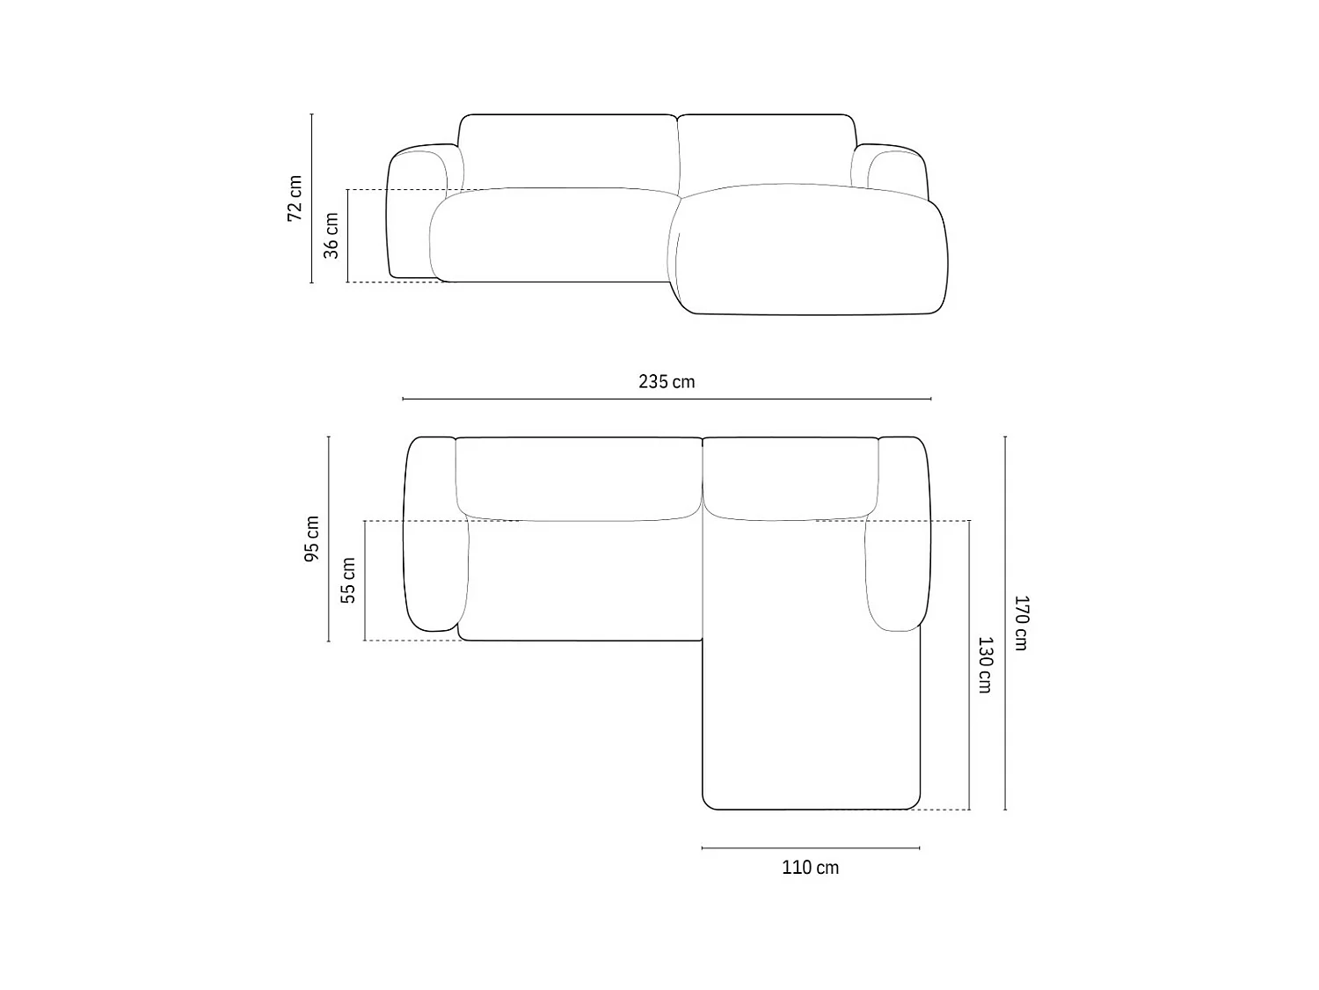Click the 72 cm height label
coord(295,198)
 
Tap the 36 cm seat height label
coord(332,236)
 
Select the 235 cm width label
coord(667,382)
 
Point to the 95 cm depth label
coord(312,539)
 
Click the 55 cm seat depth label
coord(348,580)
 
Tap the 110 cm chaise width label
coord(810,868)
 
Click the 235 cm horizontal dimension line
coord(667,399)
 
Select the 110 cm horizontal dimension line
coord(811,848)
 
